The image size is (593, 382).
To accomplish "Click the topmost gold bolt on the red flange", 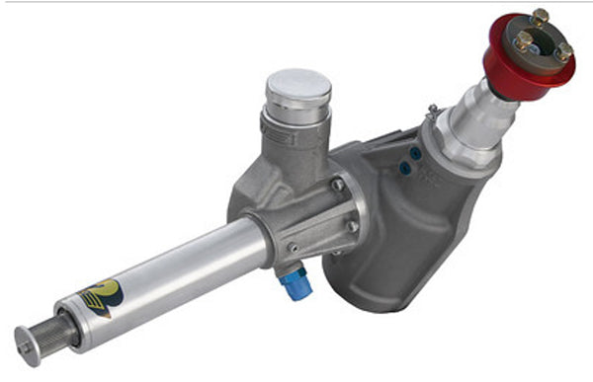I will pyautogui.click(x=540, y=17).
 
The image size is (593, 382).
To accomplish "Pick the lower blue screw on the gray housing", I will pyautogui.click(x=406, y=169).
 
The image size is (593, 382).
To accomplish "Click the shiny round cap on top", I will pyautogui.click(x=297, y=88).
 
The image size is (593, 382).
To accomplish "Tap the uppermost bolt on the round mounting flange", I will pyautogui.click(x=339, y=184).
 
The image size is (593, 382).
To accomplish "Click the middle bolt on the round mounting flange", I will pyautogui.click(x=352, y=226).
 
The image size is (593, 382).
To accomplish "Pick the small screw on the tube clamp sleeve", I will pyautogui.click(x=293, y=248).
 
